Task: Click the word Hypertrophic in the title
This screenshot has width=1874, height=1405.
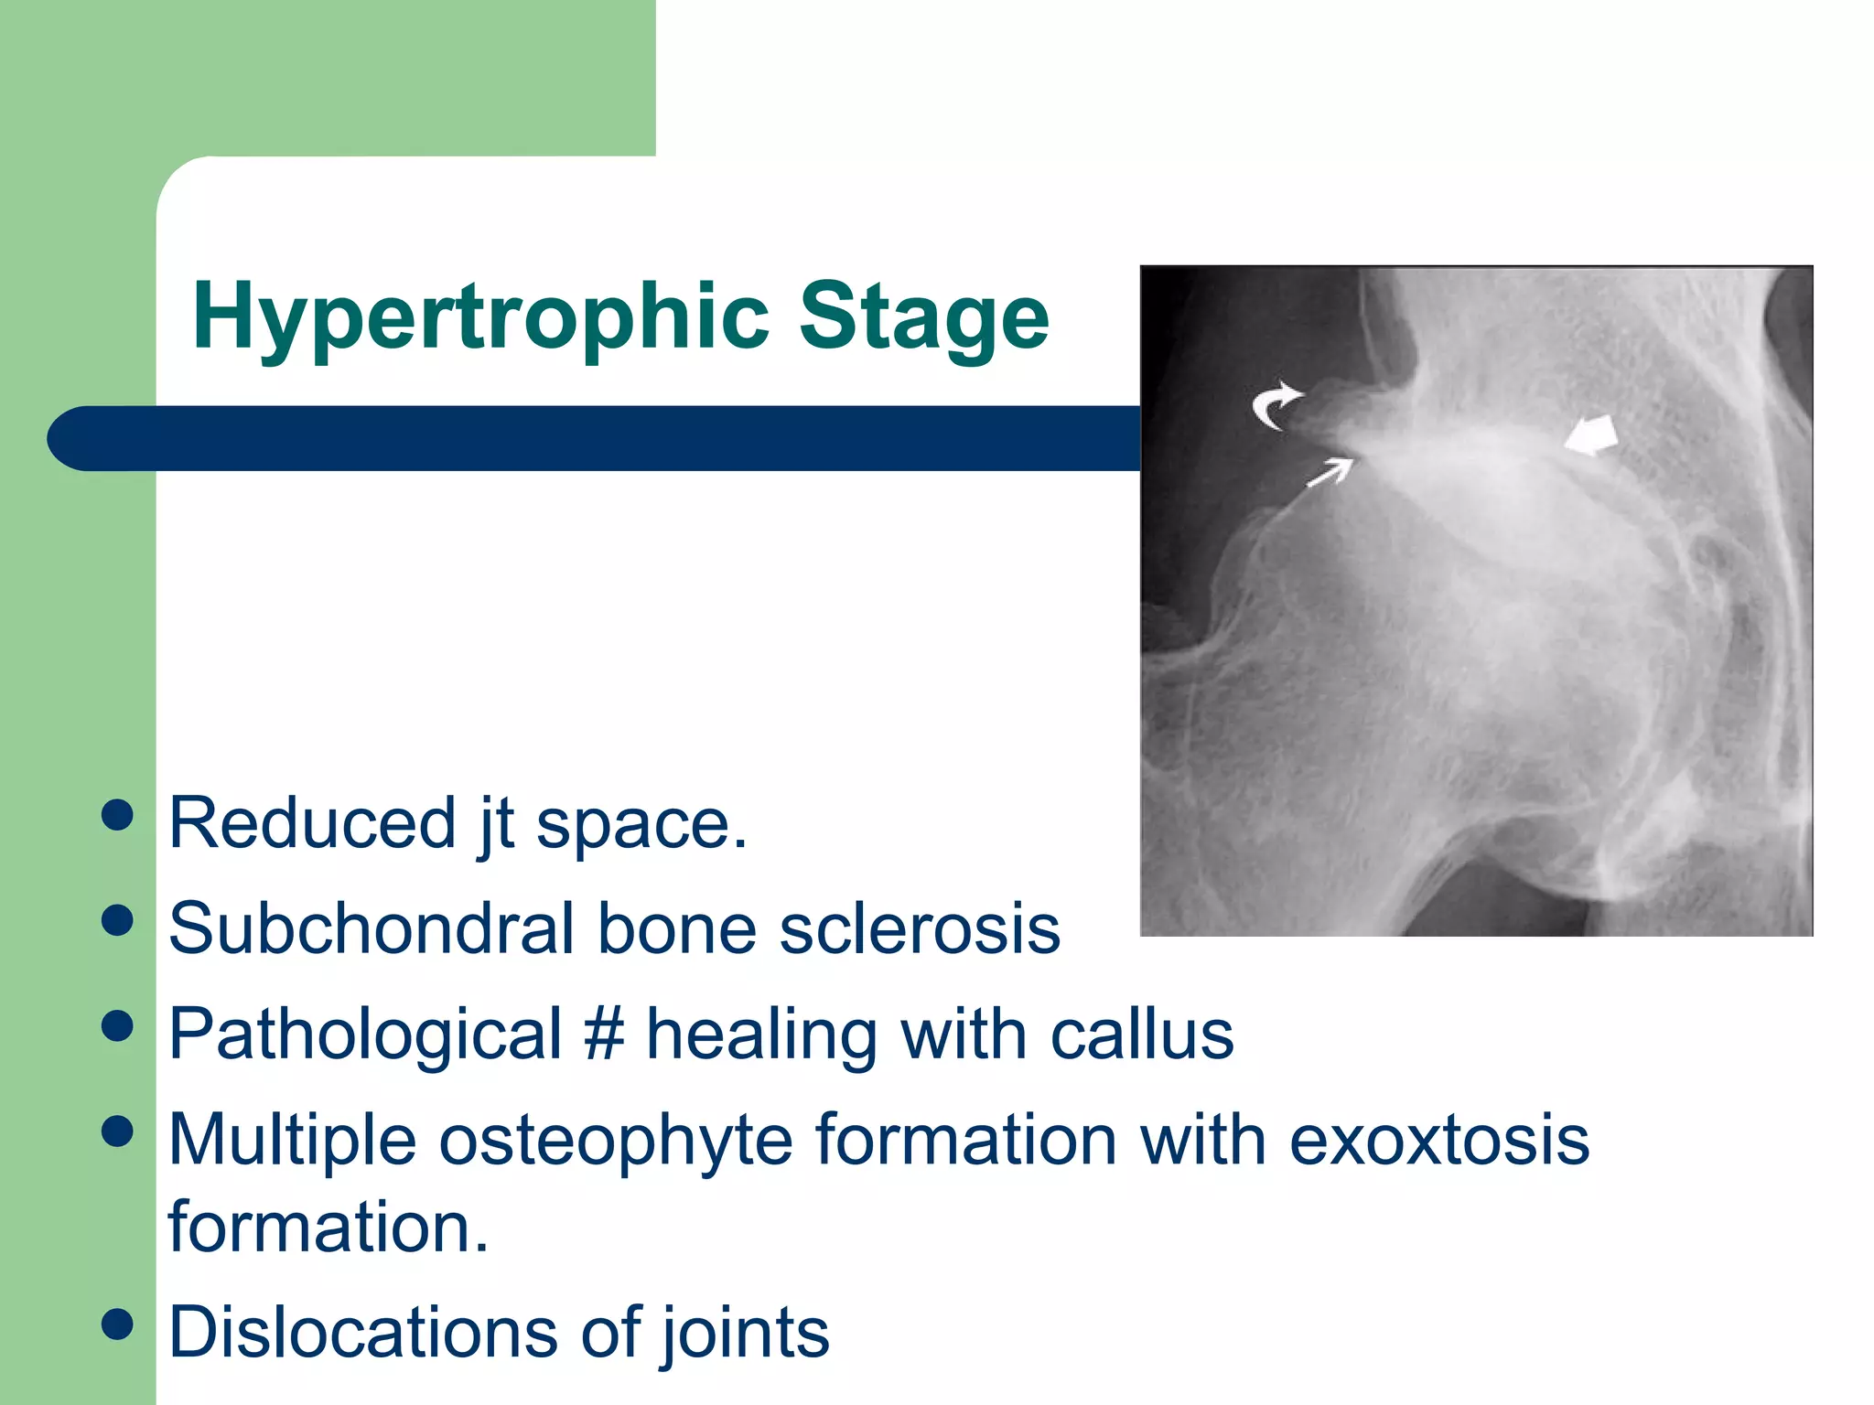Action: click(481, 317)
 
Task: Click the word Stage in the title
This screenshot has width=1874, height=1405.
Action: click(923, 317)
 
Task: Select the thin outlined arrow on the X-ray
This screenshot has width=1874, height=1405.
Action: click(1330, 472)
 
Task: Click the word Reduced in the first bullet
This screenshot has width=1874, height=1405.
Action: click(312, 823)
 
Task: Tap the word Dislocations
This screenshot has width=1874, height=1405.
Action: click(362, 1332)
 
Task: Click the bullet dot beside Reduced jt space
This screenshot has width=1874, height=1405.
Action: click(118, 815)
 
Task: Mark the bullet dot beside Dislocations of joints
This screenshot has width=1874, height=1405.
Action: click(118, 1324)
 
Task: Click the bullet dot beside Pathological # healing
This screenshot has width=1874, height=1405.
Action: click(118, 1026)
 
